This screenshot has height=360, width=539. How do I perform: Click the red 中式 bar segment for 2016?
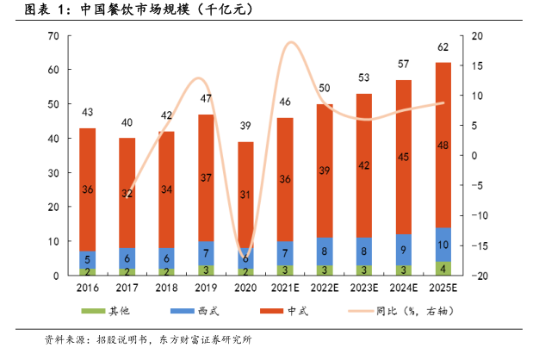pos(87,189)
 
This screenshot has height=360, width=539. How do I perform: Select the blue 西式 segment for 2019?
pos(206,253)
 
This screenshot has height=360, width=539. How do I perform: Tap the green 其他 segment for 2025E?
pos(443,268)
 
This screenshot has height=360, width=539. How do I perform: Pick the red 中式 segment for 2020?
pos(245,196)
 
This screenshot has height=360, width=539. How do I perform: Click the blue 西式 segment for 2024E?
pos(403,250)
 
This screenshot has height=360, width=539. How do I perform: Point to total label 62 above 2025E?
pos(443,47)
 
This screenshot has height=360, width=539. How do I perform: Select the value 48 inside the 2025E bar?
pos(443,145)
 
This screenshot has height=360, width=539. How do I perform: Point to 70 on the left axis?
pos(53,35)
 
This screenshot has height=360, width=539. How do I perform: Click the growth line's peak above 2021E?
pos(291,43)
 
